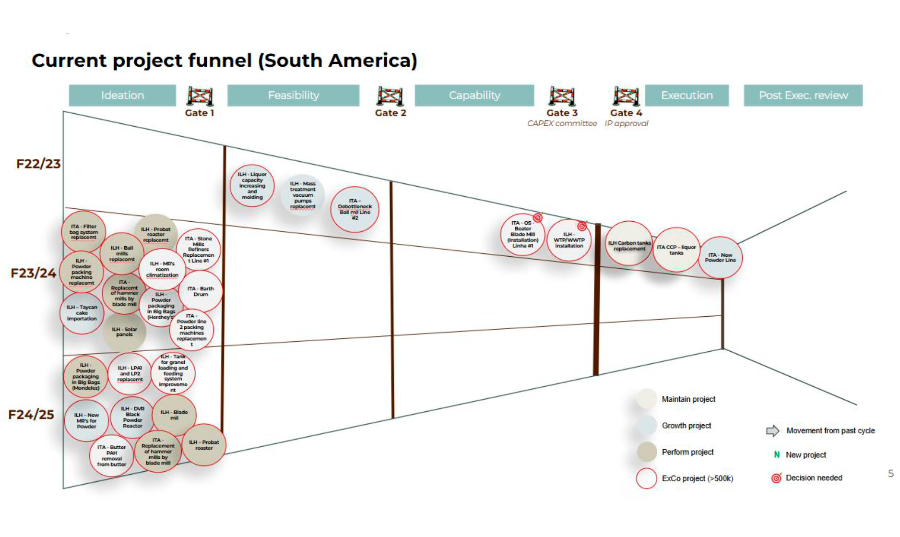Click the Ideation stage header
(x=122, y=95)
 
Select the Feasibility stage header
(x=293, y=95)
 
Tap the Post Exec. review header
(x=803, y=95)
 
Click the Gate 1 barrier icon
(x=200, y=96)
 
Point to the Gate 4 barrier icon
(x=626, y=96)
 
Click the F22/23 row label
(x=38, y=164)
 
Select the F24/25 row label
(x=31, y=415)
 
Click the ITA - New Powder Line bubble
(x=720, y=258)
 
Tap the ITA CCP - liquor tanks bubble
(x=676, y=250)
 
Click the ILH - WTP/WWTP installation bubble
(x=569, y=240)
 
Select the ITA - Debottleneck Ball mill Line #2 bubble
(x=355, y=209)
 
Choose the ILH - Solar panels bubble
(x=124, y=332)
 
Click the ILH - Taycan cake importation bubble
(x=82, y=313)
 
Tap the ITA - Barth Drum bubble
(x=201, y=291)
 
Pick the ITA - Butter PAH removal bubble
(x=111, y=455)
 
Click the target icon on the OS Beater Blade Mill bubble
(x=538, y=218)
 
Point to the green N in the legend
(x=777, y=454)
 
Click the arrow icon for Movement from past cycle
(x=772, y=430)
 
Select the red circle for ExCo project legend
(x=646, y=478)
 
